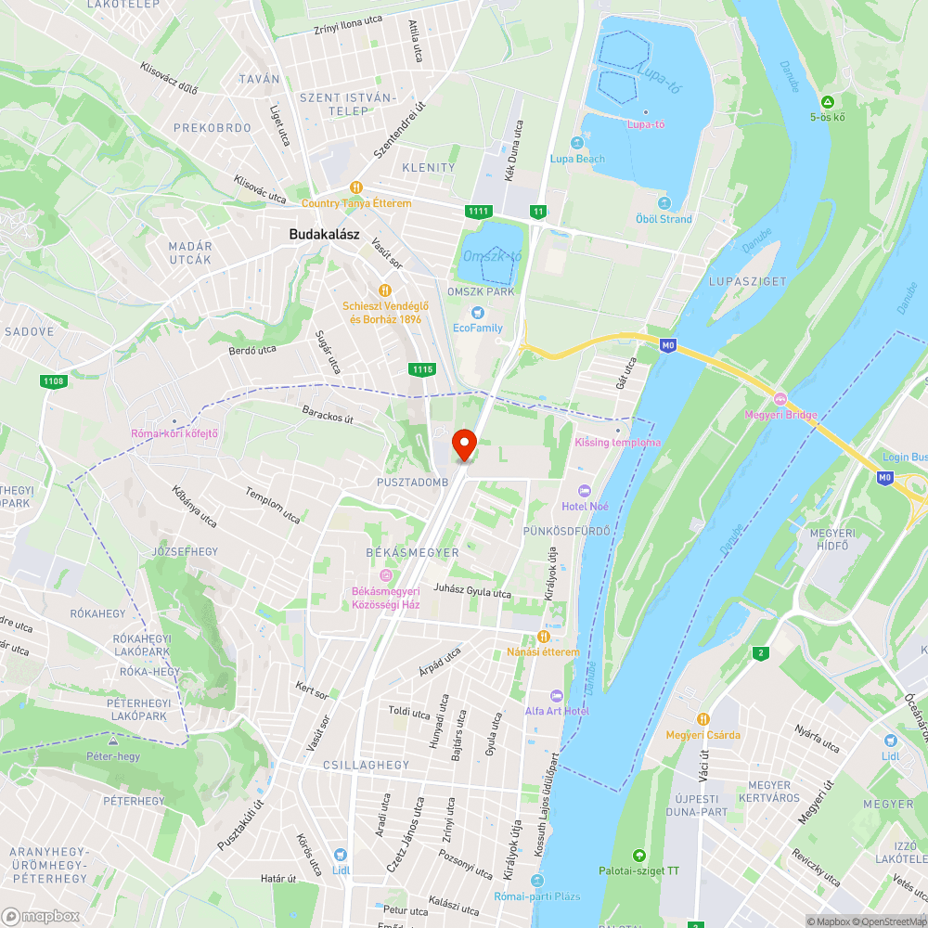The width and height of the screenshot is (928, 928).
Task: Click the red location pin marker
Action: (463, 444)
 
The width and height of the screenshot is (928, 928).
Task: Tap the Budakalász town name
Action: (324, 235)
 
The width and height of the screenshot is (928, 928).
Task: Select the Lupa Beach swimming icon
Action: (577, 143)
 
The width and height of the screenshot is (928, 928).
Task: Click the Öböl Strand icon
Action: (664, 203)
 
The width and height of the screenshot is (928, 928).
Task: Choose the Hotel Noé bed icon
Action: (584, 490)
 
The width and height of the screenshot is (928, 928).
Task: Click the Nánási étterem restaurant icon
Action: (544, 637)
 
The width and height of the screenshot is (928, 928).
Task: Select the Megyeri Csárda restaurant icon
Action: (702, 719)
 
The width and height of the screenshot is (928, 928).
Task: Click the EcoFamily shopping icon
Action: (478, 313)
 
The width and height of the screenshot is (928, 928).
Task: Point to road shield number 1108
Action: (53, 380)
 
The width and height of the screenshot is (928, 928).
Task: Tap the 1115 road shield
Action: (421, 369)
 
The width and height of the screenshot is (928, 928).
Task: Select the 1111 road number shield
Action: (478, 212)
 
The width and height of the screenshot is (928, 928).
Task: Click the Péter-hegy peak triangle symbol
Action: (113, 741)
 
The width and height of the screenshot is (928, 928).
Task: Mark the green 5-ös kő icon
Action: (826, 101)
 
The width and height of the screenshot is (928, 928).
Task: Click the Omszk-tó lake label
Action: (492, 256)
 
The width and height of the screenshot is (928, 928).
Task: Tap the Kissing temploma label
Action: (618, 443)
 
